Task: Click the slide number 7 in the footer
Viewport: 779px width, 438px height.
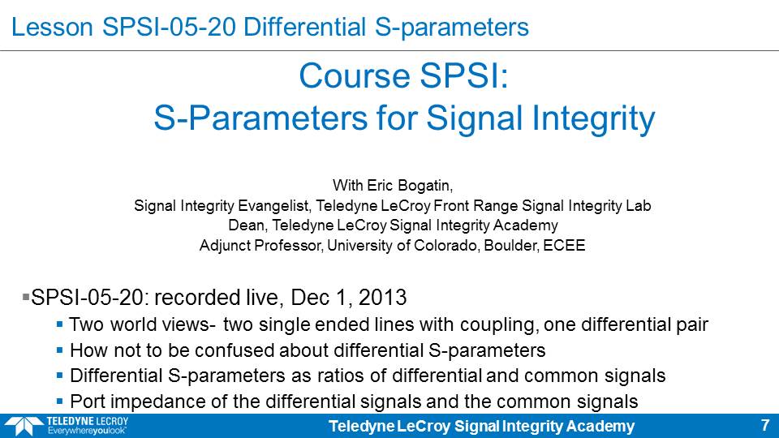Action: click(764, 425)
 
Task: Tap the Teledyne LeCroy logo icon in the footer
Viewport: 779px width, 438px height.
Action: click(24, 426)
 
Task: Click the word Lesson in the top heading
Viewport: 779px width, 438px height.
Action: click(52, 27)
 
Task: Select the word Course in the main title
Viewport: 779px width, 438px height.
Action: click(355, 76)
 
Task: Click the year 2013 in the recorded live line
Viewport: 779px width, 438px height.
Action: click(382, 298)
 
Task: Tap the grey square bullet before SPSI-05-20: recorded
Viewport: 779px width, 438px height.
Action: click(26, 298)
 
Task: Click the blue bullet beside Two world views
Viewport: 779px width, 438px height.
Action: click(59, 324)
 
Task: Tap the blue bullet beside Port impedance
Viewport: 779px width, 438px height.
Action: click(59, 401)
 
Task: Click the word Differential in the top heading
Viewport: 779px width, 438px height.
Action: click(304, 27)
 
